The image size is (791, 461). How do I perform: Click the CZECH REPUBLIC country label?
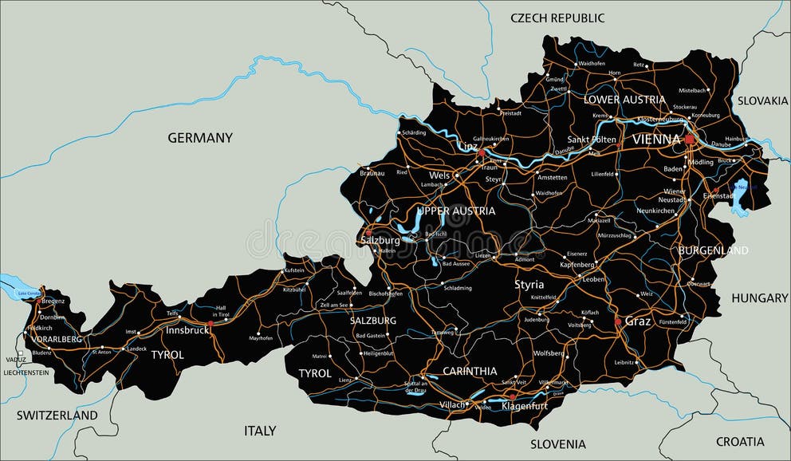point(557,18)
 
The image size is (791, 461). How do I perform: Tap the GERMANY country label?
point(200,138)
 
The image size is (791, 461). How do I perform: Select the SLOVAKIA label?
point(762,100)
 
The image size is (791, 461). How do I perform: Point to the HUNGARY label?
point(760,297)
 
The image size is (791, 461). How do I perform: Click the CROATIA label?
point(740,441)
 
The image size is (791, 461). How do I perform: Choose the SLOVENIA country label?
point(558,443)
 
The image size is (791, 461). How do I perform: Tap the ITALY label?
point(260,431)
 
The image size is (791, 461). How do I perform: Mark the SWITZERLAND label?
point(57,415)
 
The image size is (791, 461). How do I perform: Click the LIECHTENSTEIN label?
point(26,372)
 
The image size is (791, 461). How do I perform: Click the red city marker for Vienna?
point(689,140)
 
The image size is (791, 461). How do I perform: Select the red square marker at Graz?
point(617,322)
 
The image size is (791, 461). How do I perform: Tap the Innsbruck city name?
point(187,329)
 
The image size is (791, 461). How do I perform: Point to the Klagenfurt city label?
point(525,406)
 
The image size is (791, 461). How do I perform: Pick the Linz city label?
point(468,146)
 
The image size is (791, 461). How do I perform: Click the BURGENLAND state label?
point(714,250)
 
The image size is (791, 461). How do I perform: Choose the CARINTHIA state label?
point(470,371)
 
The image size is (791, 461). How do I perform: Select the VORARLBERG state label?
point(56,339)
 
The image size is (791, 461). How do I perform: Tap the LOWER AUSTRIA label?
point(624,100)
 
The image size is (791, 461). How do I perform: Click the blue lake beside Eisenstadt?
point(740,196)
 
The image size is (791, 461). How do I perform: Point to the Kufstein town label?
point(293,271)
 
